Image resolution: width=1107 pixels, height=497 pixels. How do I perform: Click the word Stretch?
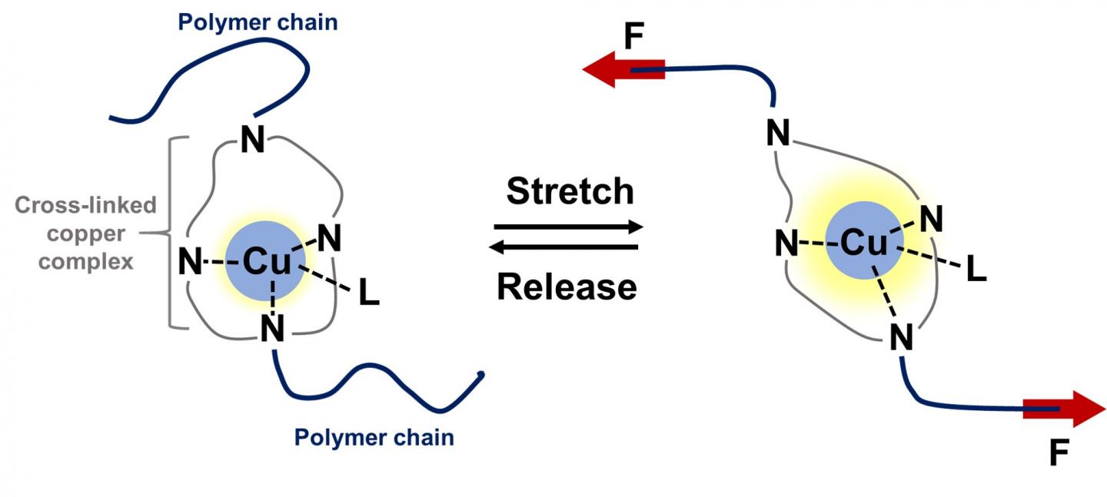[570, 191]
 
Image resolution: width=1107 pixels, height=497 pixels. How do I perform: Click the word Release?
[567, 287]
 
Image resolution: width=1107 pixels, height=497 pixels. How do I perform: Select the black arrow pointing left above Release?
[566, 247]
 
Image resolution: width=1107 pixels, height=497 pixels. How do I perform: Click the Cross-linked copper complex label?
[86, 234]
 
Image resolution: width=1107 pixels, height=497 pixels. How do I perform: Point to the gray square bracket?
[172, 234]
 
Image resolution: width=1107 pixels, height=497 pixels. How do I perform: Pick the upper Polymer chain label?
[258, 22]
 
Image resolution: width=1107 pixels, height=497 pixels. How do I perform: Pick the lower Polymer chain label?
[374, 438]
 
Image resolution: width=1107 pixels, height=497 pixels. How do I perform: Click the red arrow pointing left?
[623, 70]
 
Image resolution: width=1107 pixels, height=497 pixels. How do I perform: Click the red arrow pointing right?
[1065, 409]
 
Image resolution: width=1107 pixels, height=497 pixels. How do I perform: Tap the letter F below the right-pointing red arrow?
[1059, 455]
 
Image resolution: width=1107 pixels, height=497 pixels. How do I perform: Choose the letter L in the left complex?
[369, 295]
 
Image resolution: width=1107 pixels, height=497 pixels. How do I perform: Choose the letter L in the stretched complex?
[975, 270]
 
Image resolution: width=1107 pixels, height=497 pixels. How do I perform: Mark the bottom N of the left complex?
[272, 330]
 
